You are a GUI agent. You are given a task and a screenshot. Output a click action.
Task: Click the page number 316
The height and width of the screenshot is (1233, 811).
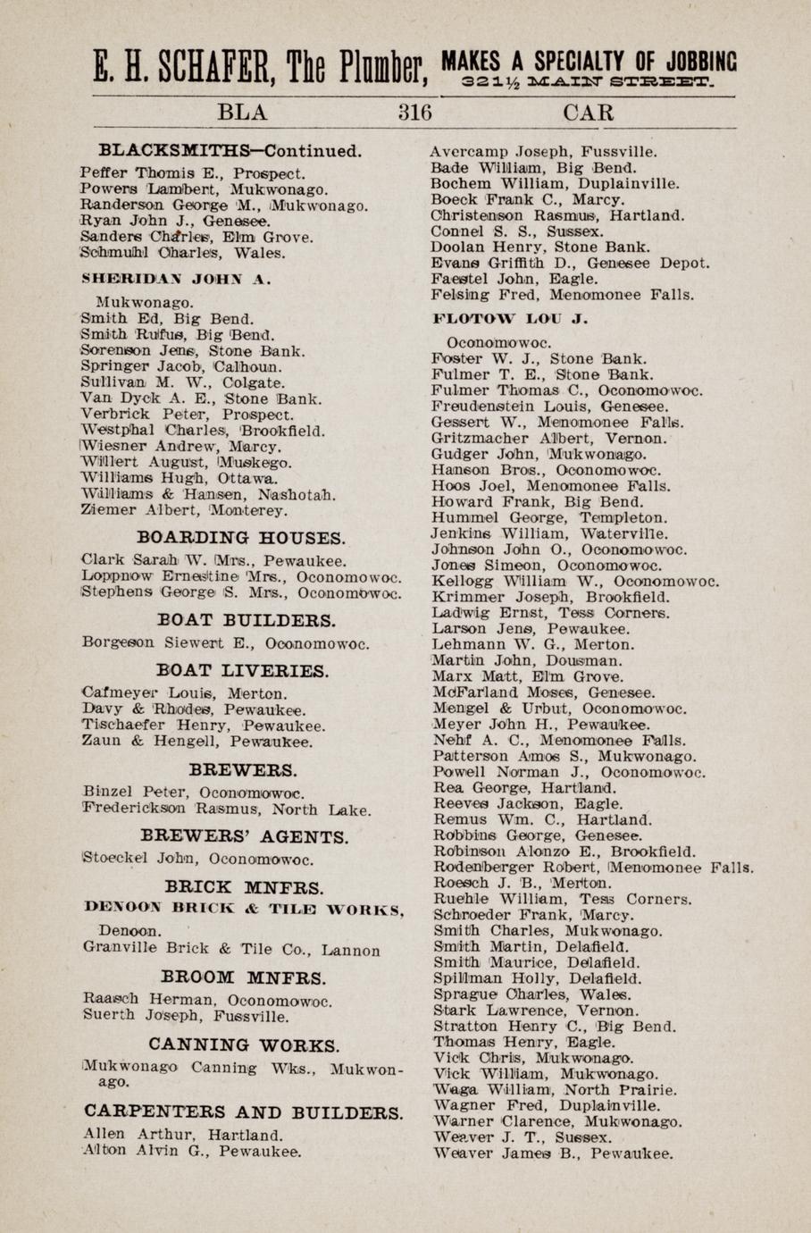point(414,113)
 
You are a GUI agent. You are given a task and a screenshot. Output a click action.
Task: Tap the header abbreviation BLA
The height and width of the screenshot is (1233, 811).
point(242,113)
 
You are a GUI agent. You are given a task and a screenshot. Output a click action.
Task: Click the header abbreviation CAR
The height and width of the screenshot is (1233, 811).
point(589,113)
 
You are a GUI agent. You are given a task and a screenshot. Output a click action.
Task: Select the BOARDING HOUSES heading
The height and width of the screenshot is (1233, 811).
point(241,538)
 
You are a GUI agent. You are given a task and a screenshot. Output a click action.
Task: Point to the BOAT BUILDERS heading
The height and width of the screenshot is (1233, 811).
point(247,620)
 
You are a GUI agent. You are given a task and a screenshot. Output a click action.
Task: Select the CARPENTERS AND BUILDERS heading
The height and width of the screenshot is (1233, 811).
point(243,1112)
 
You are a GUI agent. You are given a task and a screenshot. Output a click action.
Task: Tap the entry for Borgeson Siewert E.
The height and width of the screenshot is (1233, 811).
point(224,642)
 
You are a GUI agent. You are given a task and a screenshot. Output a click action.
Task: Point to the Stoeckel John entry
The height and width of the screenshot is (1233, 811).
point(197,860)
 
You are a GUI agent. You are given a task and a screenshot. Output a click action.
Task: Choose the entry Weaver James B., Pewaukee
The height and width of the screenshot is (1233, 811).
point(552,1153)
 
